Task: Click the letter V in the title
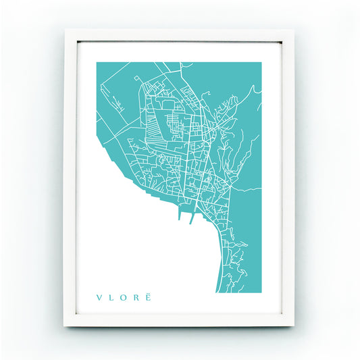99,297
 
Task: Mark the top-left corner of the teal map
97,63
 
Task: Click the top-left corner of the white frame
66,30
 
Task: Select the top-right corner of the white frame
294,30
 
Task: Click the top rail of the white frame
180,36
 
